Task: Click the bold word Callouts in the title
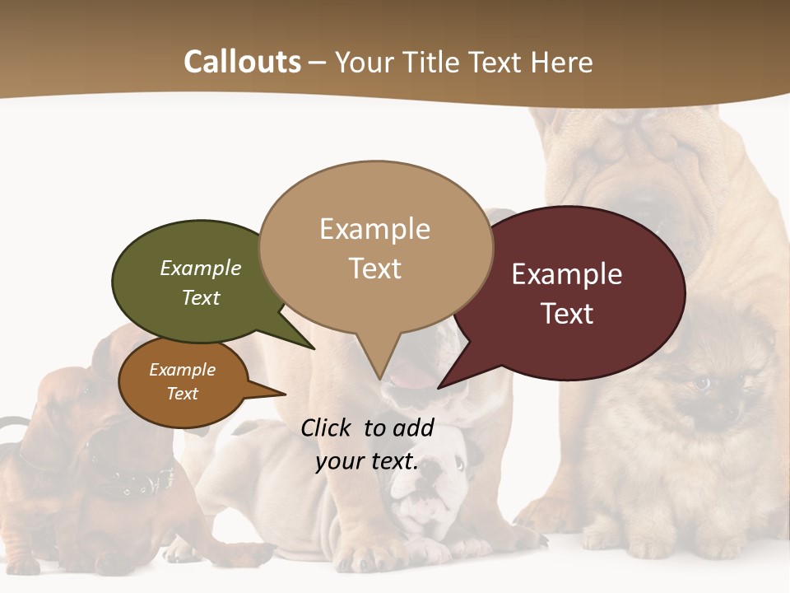[242, 62]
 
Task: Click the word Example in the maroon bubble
[567, 274]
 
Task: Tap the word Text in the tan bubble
[375, 268]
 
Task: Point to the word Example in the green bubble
[201, 268]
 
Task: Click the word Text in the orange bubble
[183, 394]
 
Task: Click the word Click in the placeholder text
[329, 427]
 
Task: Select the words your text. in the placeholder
[367, 462]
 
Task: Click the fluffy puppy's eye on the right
[702, 383]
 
